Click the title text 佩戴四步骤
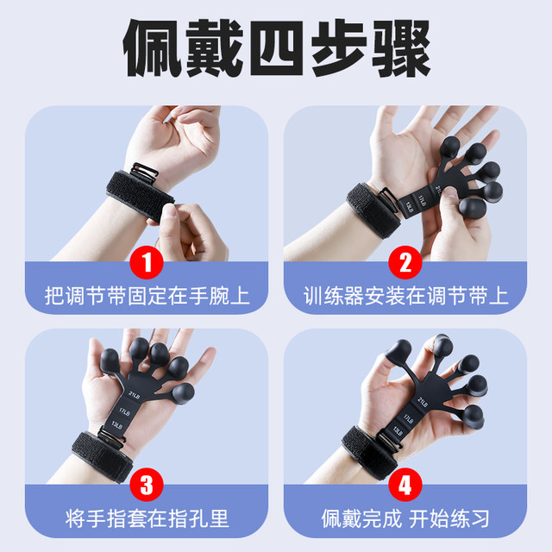(x=276, y=50)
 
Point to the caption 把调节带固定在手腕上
(x=147, y=296)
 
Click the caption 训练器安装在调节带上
(x=405, y=296)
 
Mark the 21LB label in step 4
(x=423, y=402)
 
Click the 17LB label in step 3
(x=127, y=410)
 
